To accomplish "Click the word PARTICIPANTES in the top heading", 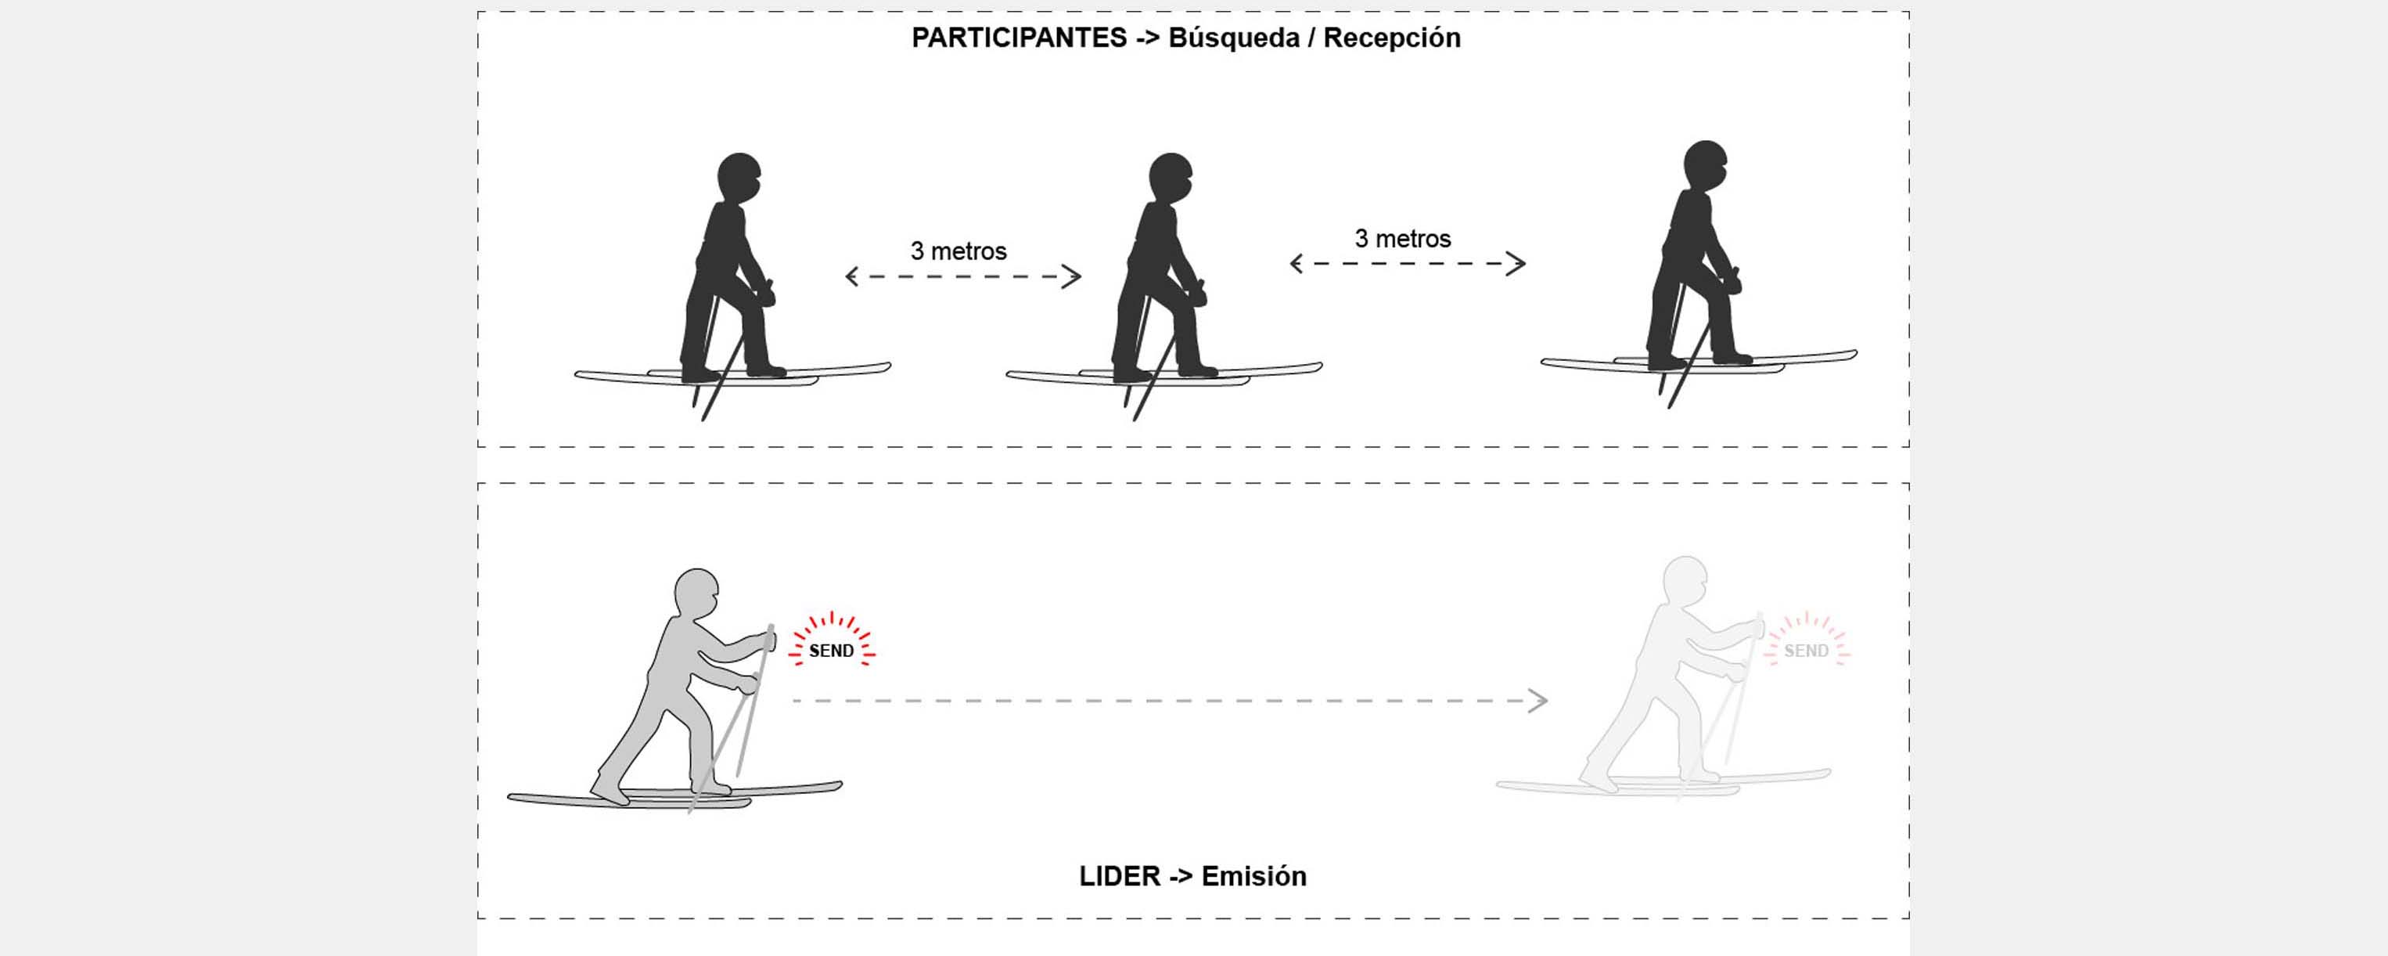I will point(1018,38).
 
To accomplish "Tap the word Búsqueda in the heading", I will point(1233,38).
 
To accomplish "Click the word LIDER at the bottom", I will point(1119,876).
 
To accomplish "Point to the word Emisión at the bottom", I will point(1253,876).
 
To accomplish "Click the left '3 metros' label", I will point(958,251).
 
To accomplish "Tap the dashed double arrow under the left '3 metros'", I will point(963,276).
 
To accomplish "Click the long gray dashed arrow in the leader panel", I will point(1159,701).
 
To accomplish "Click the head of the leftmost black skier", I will point(739,177).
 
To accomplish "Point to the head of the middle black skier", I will point(1170,177).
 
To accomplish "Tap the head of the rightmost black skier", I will point(1705,165).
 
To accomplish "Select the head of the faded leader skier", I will point(1685,579).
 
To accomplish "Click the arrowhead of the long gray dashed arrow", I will point(1539,701).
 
